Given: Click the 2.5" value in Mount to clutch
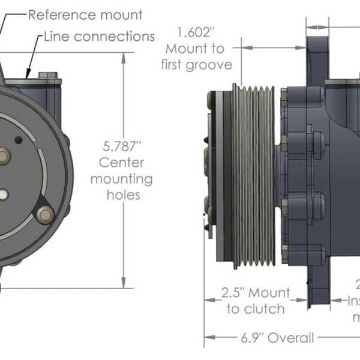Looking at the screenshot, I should pyautogui.click(x=233, y=293).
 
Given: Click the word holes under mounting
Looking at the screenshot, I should pyautogui.click(x=123, y=194).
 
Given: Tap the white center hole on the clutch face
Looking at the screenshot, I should pyautogui.click(x=4, y=194).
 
